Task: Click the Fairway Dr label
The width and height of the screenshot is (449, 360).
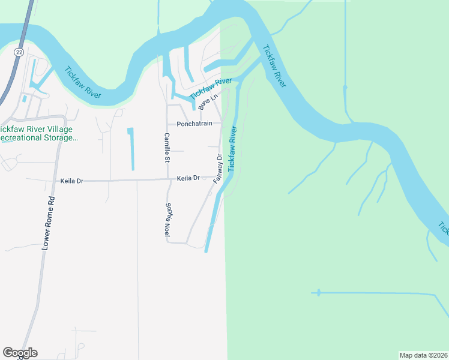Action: tap(218, 169)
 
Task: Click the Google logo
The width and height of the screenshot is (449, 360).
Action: tap(20, 353)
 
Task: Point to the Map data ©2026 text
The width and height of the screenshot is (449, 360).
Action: tap(423, 355)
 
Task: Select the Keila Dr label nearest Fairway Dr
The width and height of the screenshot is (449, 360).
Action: tap(188, 178)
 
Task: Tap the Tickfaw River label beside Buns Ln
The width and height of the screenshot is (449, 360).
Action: tap(211, 89)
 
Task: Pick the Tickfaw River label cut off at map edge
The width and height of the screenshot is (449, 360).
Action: tap(443, 228)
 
